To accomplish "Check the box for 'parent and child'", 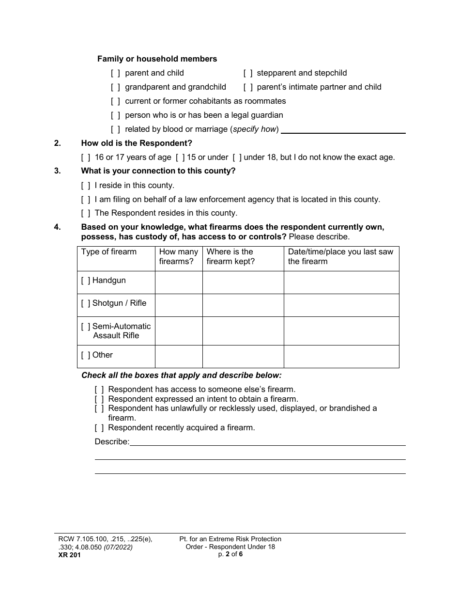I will (x=115, y=73).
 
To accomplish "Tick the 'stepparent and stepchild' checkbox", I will (x=247, y=73).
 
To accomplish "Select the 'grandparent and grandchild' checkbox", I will (x=115, y=87).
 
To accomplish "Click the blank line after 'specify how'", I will (x=343, y=129).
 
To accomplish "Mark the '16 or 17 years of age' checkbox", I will (x=86, y=157).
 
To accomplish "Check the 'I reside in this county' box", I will (x=86, y=186).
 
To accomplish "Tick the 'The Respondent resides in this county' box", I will (x=86, y=213).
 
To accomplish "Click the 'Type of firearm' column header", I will (x=109, y=252).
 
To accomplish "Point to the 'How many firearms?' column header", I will (x=178, y=257).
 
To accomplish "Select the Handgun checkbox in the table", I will (x=86, y=281).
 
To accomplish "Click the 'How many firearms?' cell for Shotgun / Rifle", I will (x=178, y=305).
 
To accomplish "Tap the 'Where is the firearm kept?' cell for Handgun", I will (x=243, y=282).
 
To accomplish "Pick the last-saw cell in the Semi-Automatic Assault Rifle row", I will (x=341, y=331).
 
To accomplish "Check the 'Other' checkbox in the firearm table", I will (x=86, y=355).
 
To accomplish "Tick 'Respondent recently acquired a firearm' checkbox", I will (x=99, y=428).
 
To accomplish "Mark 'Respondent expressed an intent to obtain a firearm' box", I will (x=99, y=399).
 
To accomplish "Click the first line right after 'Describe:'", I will (x=267, y=441).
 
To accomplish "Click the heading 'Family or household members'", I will (x=157, y=59).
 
